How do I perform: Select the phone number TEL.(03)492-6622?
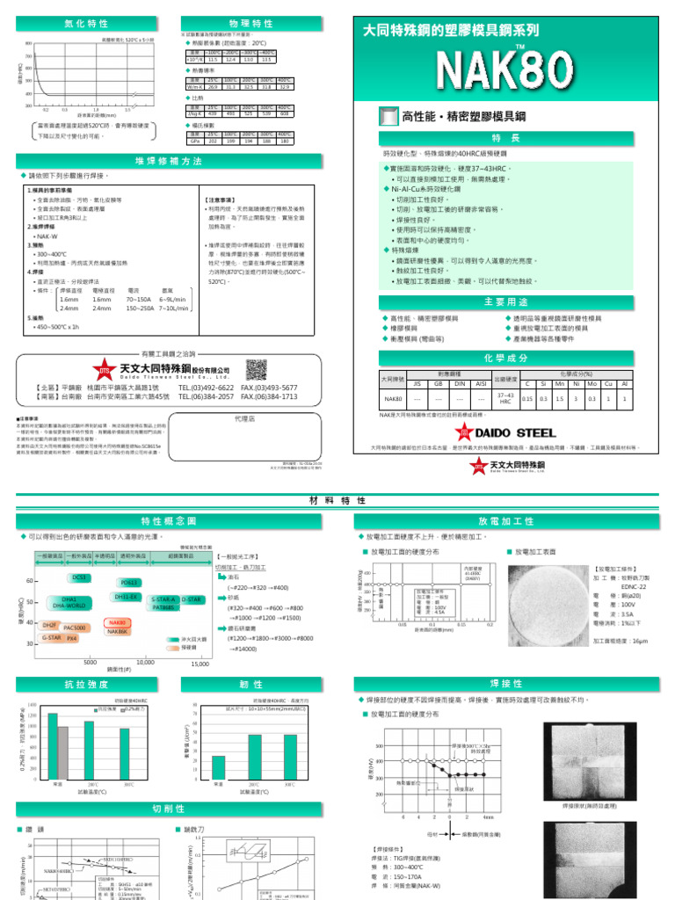pos(206,388)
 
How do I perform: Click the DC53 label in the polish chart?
pos(80,577)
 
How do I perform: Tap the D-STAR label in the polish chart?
pos(192,599)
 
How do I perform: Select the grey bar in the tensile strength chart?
pos(62,752)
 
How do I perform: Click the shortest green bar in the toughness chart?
pos(219,767)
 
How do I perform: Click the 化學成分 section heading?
pos(505,358)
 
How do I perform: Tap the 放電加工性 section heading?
pos(505,521)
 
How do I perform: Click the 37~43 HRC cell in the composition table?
pos(504,398)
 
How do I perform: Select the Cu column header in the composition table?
pos(607,383)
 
